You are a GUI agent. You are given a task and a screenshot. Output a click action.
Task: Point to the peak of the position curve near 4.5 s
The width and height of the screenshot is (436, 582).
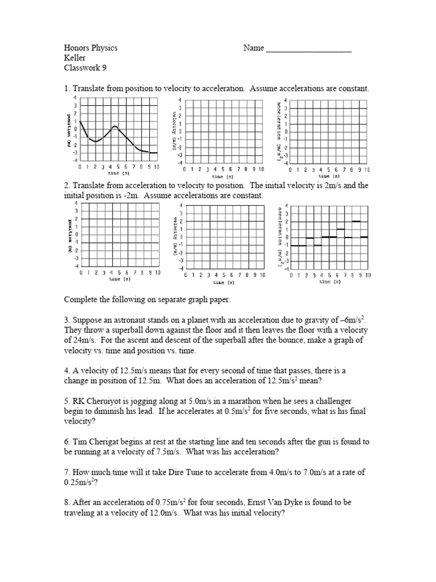pos(115,126)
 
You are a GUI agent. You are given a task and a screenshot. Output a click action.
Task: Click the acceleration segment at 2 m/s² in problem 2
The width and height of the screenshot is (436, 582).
pos(356,221)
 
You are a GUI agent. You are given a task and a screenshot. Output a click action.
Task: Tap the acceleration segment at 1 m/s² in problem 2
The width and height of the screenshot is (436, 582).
pos(341,229)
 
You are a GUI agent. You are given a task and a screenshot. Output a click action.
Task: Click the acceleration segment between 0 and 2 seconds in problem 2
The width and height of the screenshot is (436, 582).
pos(298,246)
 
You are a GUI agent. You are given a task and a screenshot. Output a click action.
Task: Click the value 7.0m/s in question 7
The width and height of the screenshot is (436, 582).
pos(307,472)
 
